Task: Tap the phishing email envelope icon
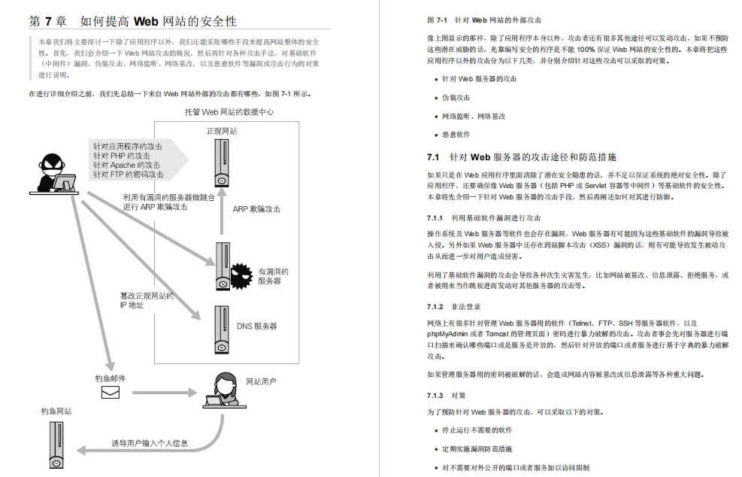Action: (x=111, y=392)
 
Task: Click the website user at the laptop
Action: (x=225, y=390)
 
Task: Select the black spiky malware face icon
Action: (x=241, y=275)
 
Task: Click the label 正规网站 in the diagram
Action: (x=222, y=131)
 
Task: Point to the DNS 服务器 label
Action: (x=257, y=326)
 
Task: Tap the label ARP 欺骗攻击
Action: (x=256, y=209)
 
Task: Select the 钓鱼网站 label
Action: (x=57, y=412)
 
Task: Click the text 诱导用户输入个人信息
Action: (x=150, y=442)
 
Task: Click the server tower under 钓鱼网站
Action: (x=57, y=443)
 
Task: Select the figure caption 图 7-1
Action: (x=438, y=20)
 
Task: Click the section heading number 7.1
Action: (x=432, y=157)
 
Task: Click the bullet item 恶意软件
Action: (x=456, y=135)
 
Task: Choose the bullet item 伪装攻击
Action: (x=456, y=98)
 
